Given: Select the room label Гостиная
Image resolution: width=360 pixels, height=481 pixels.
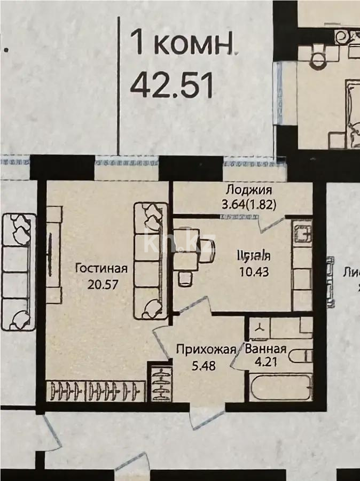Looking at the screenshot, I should pyautogui.click(x=101, y=268).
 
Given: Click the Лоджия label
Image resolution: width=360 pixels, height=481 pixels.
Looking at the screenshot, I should pyautogui.click(x=249, y=190).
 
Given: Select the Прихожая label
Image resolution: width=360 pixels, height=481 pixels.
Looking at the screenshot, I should pyautogui.click(x=206, y=350).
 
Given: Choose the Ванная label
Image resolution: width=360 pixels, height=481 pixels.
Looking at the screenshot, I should pyautogui.click(x=265, y=350).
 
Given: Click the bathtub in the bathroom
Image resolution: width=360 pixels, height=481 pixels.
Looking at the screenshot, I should pyautogui.click(x=278, y=387).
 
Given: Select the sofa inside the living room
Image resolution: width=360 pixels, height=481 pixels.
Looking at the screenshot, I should pyautogui.click(x=150, y=260).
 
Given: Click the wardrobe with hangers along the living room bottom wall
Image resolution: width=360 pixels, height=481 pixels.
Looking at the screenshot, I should pyautogui.click(x=97, y=391).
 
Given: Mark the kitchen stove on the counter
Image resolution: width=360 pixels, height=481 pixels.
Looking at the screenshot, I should pyautogui.click(x=303, y=233).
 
